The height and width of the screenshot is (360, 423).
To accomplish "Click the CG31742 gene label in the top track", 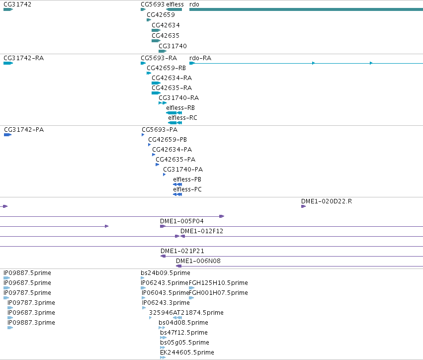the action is (17, 4).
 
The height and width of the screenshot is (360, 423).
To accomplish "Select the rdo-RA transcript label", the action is (200, 58).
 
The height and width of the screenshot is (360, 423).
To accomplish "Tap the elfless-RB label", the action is (180, 108).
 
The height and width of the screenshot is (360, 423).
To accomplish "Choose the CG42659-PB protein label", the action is (168, 140).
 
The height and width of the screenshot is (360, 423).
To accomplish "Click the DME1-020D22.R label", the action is (327, 201).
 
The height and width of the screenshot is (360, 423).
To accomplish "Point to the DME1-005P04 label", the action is (182, 221).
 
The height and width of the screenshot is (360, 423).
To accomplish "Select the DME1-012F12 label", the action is (202, 231).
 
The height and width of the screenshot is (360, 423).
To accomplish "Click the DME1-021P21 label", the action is (182, 251).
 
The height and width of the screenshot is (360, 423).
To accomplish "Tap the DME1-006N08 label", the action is (198, 261).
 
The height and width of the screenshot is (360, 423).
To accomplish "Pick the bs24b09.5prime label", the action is (166, 273).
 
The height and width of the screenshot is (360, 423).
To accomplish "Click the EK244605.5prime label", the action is (187, 353).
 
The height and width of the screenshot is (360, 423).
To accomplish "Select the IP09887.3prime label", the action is (31, 323).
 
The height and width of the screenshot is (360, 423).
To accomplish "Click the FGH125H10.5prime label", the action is (218, 283).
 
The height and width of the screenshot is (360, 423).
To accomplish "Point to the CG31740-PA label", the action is (183, 169).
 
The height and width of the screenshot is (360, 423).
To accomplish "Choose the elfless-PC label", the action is (187, 189).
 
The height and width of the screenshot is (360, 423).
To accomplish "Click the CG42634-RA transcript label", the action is (172, 78).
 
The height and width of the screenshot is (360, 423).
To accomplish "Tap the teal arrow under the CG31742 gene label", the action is (8, 9).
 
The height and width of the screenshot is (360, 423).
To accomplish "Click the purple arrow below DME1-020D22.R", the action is (304, 206).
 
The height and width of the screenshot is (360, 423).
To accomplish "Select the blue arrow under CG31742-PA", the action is (8, 135).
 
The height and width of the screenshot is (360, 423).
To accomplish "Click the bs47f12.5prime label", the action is (184, 333).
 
